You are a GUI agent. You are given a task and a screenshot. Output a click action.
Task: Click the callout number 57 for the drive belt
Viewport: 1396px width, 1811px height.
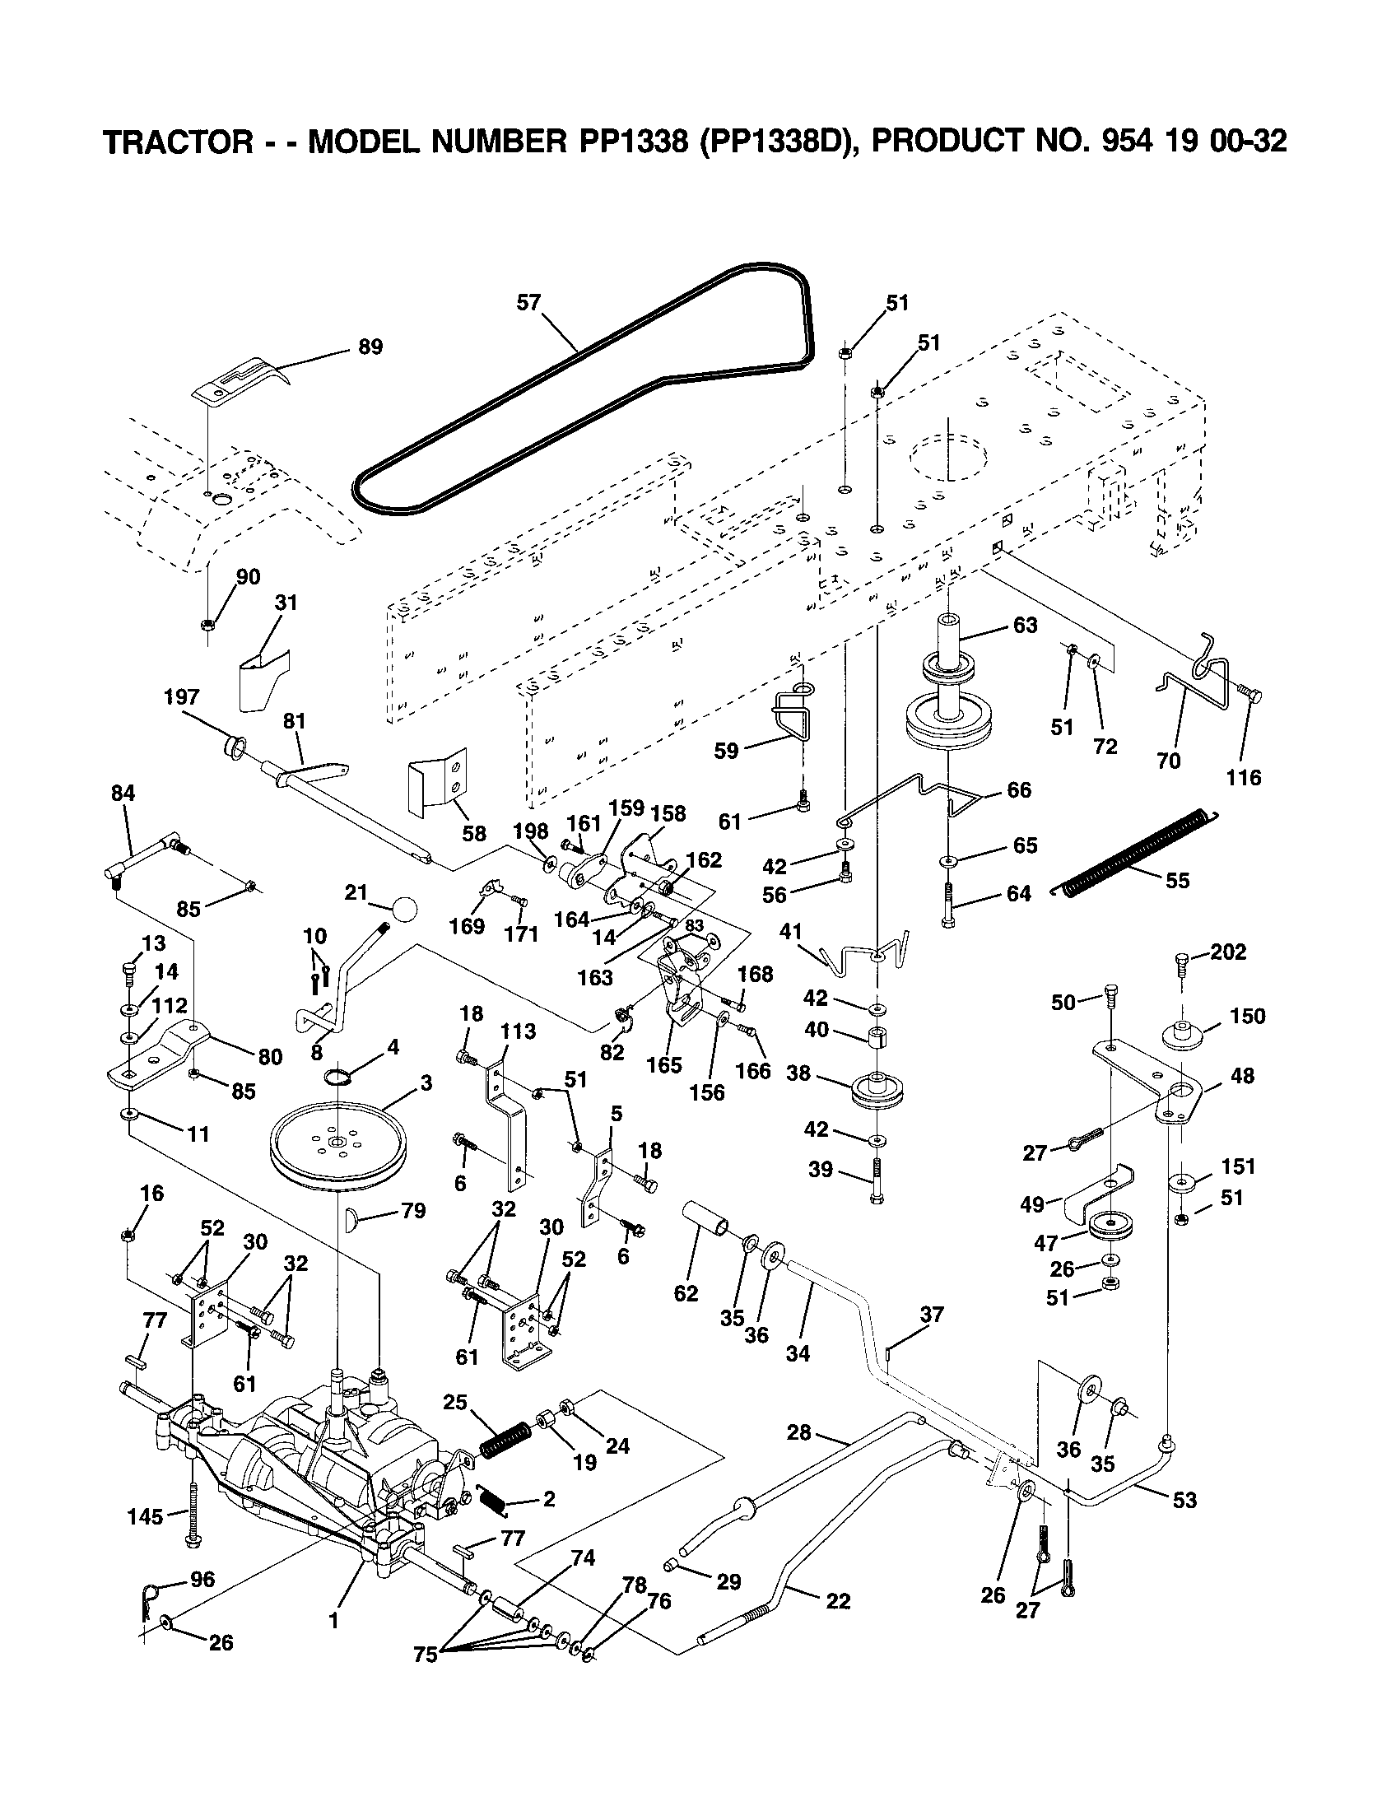528,303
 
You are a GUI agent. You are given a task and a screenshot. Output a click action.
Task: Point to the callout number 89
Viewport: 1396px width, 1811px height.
370,347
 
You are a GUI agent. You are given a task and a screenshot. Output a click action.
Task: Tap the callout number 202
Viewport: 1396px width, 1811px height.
1228,952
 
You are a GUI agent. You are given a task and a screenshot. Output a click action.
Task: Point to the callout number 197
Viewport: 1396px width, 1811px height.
182,697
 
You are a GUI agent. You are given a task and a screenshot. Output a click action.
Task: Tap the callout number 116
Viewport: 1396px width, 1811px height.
1244,777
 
